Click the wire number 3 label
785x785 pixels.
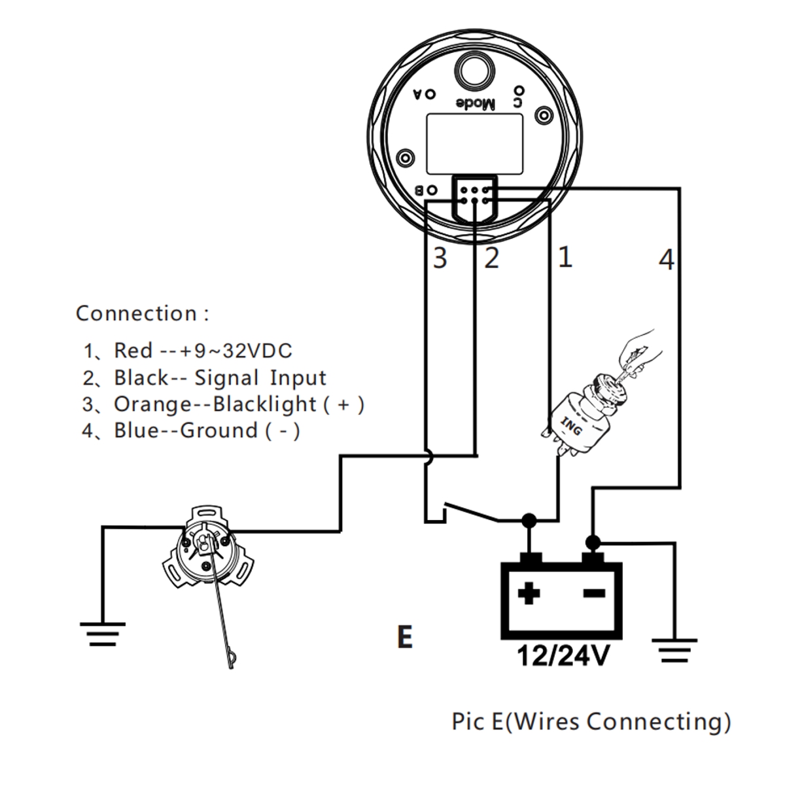(x=440, y=258)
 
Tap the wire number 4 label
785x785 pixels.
(x=665, y=260)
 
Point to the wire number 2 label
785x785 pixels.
(x=491, y=258)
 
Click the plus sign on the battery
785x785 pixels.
(x=529, y=594)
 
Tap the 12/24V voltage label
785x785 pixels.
(x=562, y=655)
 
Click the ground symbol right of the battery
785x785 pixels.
(x=674, y=651)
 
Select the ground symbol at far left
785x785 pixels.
(x=103, y=633)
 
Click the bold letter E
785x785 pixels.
(x=405, y=637)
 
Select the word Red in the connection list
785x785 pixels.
(x=133, y=351)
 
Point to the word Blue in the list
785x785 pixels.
(x=135, y=430)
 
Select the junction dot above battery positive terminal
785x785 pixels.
(x=529, y=520)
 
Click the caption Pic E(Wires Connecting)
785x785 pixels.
(x=591, y=722)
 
